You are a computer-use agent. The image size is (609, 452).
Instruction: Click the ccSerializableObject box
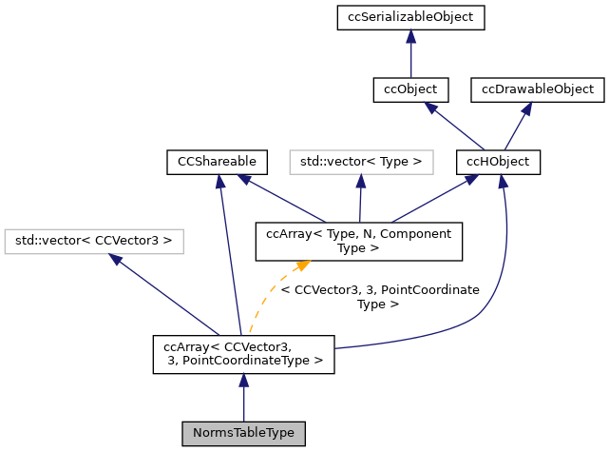click(410, 17)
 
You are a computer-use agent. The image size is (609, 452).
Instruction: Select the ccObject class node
click(410, 89)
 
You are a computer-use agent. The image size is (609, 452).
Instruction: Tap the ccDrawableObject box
click(538, 89)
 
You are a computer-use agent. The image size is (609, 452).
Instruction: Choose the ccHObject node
click(499, 162)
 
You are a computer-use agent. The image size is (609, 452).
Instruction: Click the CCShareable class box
click(217, 162)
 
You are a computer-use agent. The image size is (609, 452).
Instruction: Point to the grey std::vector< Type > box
click(360, 162)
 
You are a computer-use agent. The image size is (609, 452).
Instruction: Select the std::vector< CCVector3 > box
click(94, 241)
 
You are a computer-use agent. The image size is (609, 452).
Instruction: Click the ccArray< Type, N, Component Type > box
click(359, 241)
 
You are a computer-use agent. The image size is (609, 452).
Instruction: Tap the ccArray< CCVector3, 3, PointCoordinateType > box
click(244, 353)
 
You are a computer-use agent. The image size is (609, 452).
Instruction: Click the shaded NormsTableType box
click(244, 434)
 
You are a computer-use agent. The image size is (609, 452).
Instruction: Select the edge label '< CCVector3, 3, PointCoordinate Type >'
click(380, 297)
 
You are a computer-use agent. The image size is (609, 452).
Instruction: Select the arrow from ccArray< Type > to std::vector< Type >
click(360, 200)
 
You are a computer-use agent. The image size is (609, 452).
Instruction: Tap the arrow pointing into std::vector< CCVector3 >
click(162, 290)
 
